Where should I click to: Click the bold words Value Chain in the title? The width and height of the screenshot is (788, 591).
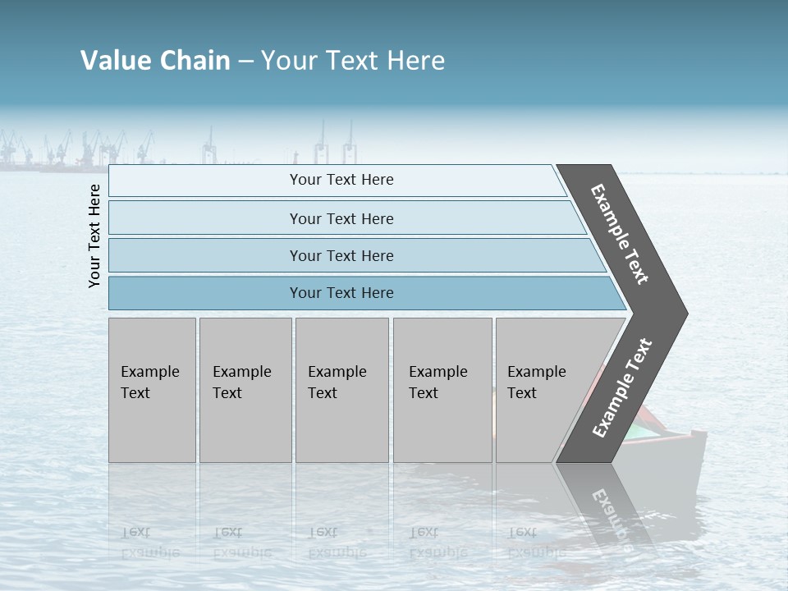(155, 61)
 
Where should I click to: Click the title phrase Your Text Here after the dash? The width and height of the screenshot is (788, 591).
(353, 61)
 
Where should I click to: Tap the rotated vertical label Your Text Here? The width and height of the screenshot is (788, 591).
(94, 236)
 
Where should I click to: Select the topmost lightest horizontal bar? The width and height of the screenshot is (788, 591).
(341, 181)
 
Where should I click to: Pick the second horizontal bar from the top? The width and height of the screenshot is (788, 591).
(341, 218)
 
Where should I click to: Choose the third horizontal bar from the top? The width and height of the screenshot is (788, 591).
(341, 255)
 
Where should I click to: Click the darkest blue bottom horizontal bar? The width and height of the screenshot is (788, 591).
(341, 293)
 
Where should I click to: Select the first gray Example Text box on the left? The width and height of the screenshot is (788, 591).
(152, 390)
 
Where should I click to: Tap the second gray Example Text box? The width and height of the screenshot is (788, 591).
(245, 390)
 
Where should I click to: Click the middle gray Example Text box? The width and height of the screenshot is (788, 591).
(341, 390)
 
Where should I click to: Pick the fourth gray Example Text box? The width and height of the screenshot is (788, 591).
(442, 390)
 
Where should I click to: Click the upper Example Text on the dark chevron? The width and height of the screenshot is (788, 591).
(620, 234)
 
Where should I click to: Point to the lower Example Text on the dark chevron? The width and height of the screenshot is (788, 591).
(622, 388)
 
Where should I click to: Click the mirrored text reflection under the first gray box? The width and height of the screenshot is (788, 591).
(149, 542)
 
